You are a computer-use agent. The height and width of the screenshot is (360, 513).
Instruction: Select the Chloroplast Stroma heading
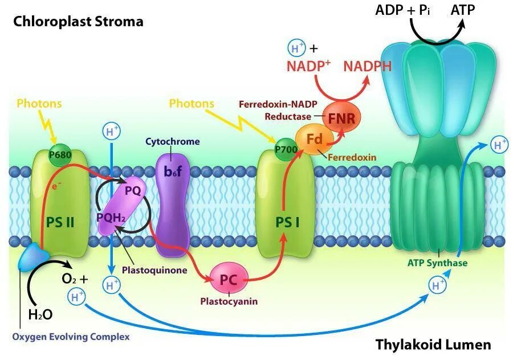(x=78, y=22)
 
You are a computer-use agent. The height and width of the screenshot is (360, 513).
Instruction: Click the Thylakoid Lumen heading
(x=433, y=345)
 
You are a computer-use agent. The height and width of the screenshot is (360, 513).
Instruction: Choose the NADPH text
(x=368, y=66)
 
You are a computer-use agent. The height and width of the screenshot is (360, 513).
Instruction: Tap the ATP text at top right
(x=463, y=10)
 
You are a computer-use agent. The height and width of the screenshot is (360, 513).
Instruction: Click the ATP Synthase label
(x=438, y=263)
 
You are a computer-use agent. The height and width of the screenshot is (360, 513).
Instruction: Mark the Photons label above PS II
(x=39, y=104)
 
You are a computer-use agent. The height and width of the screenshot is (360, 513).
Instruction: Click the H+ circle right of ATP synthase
(x=500, y=145)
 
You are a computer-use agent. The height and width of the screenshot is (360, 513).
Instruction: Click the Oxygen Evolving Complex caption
(x=71, y=337)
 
